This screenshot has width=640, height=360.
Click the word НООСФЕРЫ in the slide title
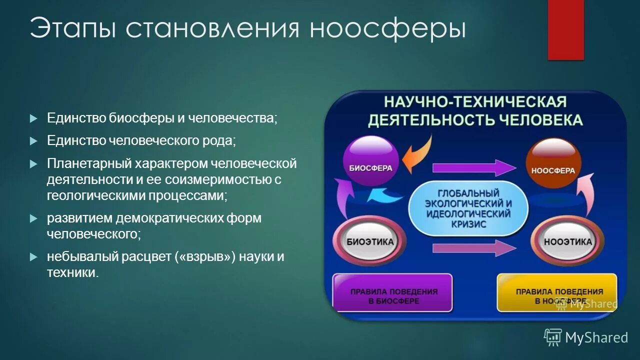pos(387,29)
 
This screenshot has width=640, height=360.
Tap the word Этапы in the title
pos(73,29)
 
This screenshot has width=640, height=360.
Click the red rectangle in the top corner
pos(565,29)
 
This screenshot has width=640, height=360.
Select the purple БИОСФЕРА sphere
pos(370,161)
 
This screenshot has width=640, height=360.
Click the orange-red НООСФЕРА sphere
pos(553,163)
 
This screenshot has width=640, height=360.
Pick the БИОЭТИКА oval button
pos(370,241)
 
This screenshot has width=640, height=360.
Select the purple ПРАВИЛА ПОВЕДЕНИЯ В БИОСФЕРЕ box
pos(393,293)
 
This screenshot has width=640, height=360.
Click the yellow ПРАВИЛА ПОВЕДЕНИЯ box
pos(556,293)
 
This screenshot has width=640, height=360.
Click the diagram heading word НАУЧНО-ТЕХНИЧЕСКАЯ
pos(475,102)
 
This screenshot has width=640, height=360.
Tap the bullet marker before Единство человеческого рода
pos(33,141)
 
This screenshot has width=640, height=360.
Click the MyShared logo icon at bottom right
pos(553,337)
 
